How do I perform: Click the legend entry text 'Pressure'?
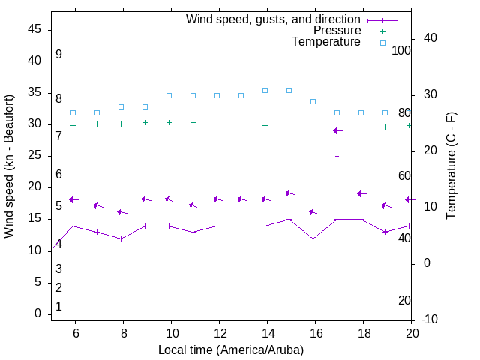coord(337,31)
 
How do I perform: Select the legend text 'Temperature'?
coord(326,42)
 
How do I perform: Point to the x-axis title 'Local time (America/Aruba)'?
coord(231,349)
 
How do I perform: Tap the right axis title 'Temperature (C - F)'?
coord(451,166)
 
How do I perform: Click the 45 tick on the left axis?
coord(35,29)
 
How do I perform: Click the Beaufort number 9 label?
coord(58,55)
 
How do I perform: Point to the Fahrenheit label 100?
coord(402,50)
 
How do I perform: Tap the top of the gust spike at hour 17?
coord(337,156)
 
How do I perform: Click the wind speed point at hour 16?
coord(313,238)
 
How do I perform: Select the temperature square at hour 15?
coord(289,90)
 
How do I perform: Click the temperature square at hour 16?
coord(313,101)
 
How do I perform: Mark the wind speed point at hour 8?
coord(121,238)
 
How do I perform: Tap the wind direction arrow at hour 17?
coord(337,130)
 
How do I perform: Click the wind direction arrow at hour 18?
coord(361,193)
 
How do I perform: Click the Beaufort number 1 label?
coord(58,306)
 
